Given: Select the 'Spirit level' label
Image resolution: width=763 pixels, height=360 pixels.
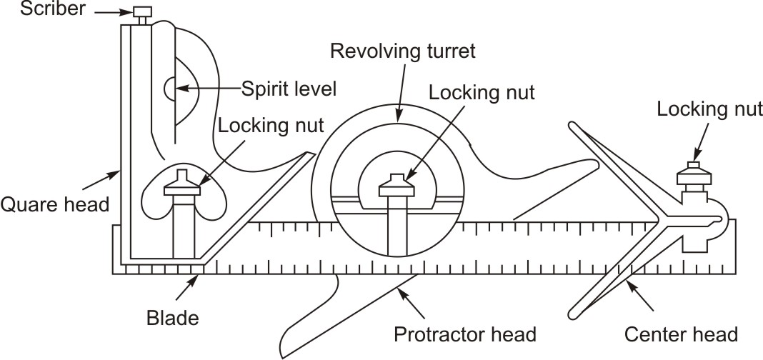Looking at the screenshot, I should pyautogui.click(x=289, y=90).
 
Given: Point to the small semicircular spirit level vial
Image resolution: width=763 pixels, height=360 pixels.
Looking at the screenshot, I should pyautogui.click(x=169, y=89).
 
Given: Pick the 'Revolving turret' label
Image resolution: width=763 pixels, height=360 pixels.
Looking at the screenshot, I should pyautogui.click(x=402, y=51).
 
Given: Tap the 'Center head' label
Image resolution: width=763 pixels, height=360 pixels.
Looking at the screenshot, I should pyautogui.click(x=680, y=334).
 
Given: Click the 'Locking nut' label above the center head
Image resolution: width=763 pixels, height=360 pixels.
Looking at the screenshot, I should pyautogui.click(x=709, y=110).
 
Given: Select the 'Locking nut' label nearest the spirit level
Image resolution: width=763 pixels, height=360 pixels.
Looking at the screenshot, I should pyautogui.click(x=271, y=126).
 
